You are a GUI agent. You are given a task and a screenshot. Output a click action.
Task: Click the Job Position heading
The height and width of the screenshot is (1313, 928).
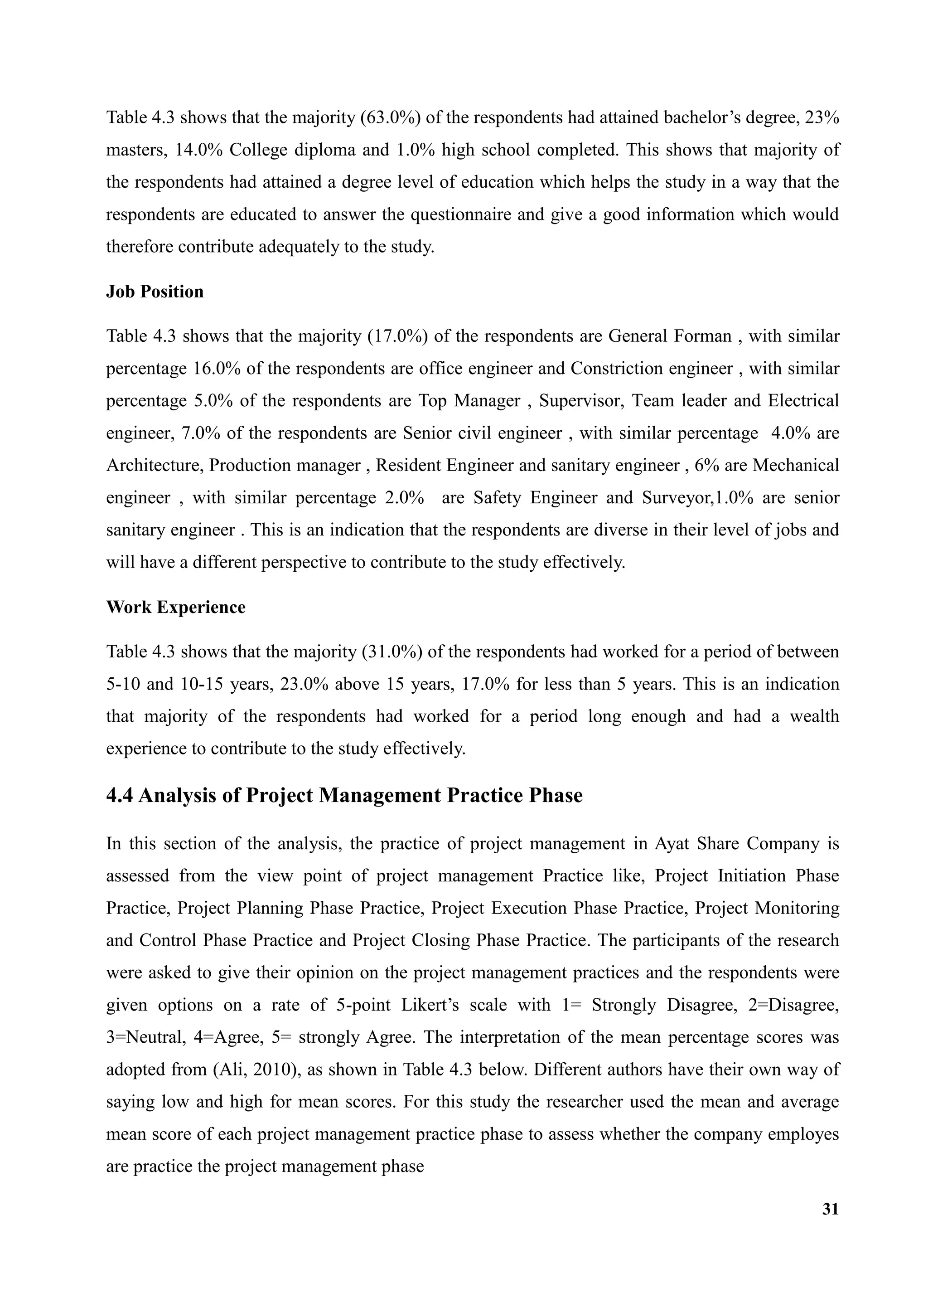[155, 292]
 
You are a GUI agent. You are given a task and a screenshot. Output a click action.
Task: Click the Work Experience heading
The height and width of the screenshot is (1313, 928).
[175, 608]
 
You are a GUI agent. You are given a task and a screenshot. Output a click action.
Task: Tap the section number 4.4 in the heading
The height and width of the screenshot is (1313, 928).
[120, 796]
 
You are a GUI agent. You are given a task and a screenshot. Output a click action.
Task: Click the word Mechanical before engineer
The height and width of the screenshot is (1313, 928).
[795, 466]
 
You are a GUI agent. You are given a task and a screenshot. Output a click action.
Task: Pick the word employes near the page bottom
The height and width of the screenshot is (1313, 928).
[803, 1134]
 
